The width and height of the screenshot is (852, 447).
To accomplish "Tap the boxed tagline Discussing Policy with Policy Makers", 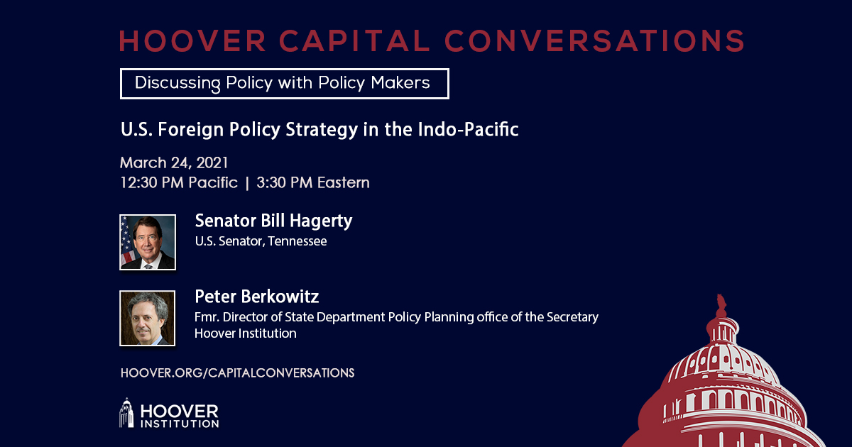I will click(284, 83).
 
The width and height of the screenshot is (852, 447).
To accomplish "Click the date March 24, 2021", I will click(174, 162).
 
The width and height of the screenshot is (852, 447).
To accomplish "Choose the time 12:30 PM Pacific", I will click(178, 182).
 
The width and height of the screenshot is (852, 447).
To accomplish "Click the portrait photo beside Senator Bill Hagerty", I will click(148, 242).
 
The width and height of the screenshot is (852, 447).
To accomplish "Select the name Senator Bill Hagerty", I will click(273, 221).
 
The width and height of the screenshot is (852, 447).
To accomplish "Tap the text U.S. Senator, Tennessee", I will click(261, 241).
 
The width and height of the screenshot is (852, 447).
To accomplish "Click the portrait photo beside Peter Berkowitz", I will click(148, 318).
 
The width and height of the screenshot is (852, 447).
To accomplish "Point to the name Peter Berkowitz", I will click(257, 297).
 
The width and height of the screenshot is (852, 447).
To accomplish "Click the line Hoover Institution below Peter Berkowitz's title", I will click(246, 333).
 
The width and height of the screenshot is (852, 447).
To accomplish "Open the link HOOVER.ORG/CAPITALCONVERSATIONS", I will click(237, 372).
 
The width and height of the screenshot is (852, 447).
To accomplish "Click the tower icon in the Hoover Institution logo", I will click(126, 413).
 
